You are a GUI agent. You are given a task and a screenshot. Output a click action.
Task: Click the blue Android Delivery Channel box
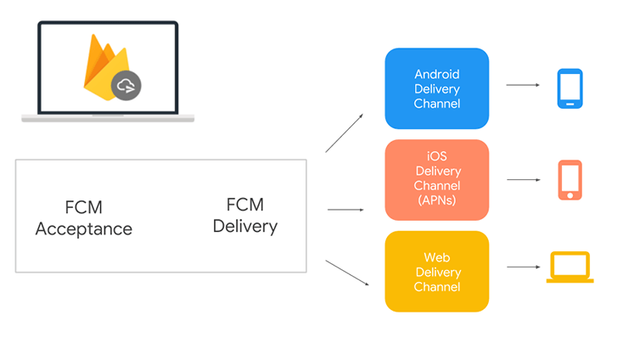tap(436, 88)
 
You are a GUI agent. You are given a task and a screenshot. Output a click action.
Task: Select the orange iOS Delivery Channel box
tap(436, 179)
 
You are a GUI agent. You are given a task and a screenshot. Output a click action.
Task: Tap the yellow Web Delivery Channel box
tap(436, 271)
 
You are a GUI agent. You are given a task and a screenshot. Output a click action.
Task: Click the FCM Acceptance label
tap(83, 218)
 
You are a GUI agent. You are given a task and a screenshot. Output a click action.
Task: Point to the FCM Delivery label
tap(244, 216)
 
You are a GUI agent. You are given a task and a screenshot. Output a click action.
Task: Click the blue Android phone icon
tap(570, 88)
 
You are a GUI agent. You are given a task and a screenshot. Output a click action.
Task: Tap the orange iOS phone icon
tap(570, 179)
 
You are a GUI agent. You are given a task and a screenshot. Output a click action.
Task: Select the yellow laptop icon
tap(570, 267)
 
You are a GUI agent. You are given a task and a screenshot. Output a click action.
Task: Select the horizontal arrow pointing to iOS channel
tap(345, 209)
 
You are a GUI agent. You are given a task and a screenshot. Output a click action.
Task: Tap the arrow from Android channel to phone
tap(523, 85)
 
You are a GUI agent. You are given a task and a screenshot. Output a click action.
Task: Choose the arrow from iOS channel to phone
tap(523, 180)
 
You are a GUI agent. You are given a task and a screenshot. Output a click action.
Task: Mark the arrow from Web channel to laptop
tap(523, 267)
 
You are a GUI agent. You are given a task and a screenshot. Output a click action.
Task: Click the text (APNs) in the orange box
tap(437, 200)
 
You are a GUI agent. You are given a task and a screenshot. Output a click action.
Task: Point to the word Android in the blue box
tap(437, 74)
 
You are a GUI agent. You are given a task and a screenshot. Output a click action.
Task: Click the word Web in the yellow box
tap(437, 256)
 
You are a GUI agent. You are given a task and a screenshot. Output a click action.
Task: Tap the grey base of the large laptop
tap(108, 118)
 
